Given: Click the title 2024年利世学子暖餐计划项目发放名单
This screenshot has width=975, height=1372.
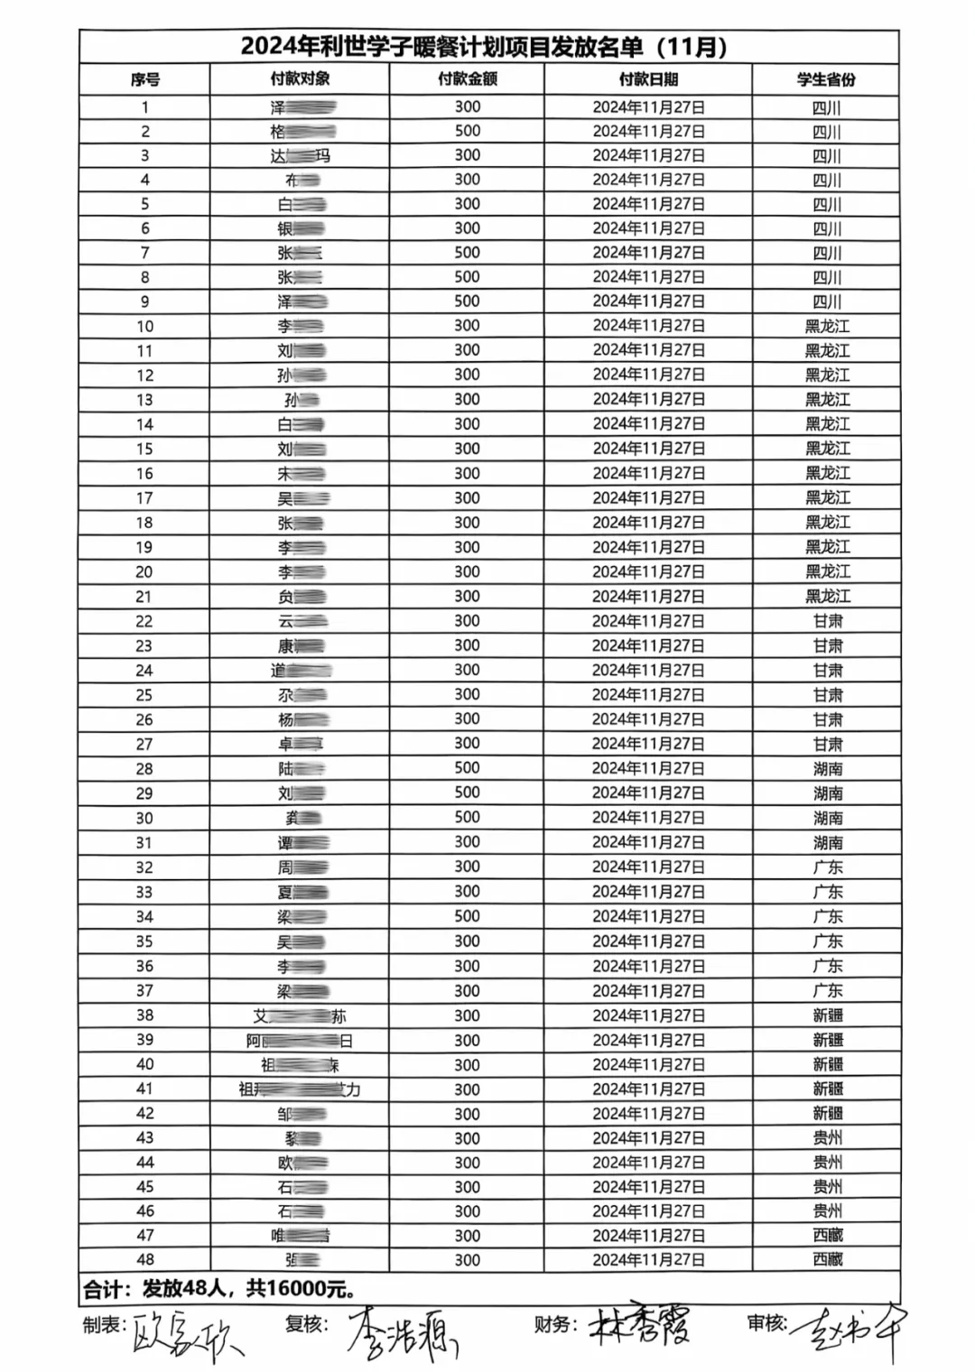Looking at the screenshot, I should (x=484, y=47).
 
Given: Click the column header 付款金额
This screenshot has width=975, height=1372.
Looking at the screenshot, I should (x=468, y=79).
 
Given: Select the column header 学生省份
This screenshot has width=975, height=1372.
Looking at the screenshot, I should (x=826, y=79).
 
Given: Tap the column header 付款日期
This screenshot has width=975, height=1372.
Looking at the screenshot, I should (x=648, y=79).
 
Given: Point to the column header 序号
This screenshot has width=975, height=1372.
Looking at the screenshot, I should (x=145, y=79).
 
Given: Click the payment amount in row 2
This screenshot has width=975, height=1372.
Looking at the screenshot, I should (x=468, y=131).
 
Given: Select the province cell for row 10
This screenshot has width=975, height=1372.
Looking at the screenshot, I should (x=827, y=326).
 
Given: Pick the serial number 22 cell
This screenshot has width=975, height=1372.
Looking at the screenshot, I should (x=144, y=621).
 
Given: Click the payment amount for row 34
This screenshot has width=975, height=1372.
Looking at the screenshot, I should (x=468, y=916).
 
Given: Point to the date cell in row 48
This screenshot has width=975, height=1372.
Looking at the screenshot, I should (x=648, y=1260).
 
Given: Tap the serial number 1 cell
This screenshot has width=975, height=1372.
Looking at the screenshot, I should (x=144, y=107).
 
